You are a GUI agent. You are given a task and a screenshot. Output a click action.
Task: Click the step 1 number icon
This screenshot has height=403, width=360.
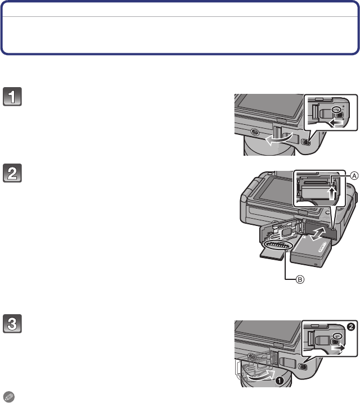click(12, 97)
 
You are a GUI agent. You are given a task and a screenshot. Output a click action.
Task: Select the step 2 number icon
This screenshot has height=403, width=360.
click(12, 173)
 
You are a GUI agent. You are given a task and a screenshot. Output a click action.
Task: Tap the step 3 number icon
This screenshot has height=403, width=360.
click(12, 324)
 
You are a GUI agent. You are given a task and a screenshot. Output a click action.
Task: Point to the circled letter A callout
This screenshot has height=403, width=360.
click(354, 176)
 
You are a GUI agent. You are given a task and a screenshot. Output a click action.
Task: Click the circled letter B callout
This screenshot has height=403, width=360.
click(300, 279)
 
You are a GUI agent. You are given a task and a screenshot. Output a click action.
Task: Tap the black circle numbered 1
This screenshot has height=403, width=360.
click(280, 381)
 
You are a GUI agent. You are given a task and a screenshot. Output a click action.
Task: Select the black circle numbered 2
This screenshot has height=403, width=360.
click(351, 327)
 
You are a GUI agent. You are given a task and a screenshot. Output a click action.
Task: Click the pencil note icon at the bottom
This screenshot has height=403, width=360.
click(9, 397)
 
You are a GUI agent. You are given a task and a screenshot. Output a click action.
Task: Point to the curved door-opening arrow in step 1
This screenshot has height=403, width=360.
click(278, 139)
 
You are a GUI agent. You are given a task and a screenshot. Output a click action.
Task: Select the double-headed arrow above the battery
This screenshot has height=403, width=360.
click(318, 234)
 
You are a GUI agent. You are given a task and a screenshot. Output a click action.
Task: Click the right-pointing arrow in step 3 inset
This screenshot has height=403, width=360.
click(337, 348)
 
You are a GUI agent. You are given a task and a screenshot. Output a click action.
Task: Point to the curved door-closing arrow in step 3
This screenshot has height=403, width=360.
click(260, 376)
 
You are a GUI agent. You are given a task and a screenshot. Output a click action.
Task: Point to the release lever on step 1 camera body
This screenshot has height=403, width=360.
click(306, 142)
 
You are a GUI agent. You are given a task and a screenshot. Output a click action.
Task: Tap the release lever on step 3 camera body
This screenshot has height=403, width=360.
click(303, 367)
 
